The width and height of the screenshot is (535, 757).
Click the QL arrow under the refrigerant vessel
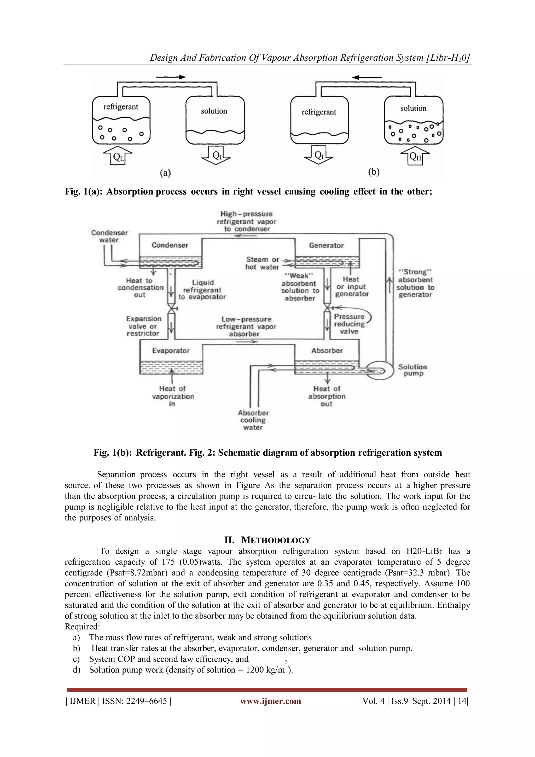(x=118, y=156)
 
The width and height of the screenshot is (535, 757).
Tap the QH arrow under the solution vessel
(x=415, y=156)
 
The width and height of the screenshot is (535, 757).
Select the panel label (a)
(x=165, y=173)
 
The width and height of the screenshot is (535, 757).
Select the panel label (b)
(x=374, y=172)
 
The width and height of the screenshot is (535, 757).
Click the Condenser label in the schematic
(x=170, y=245)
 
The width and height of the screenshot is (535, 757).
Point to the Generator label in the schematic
(x=326, y=245)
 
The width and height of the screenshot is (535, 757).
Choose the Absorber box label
(x=327, y=351)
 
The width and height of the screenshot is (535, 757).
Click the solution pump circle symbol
(x=379, y=371)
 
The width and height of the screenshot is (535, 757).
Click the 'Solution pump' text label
(x=412, y=370)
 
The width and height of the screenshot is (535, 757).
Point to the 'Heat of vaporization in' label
(x=173, y=396)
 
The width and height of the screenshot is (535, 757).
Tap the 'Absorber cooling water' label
(x=253, y=420)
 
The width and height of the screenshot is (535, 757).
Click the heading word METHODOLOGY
(x=276, y=540)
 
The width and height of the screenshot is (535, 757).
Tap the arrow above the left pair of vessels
(x=171, y=77)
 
